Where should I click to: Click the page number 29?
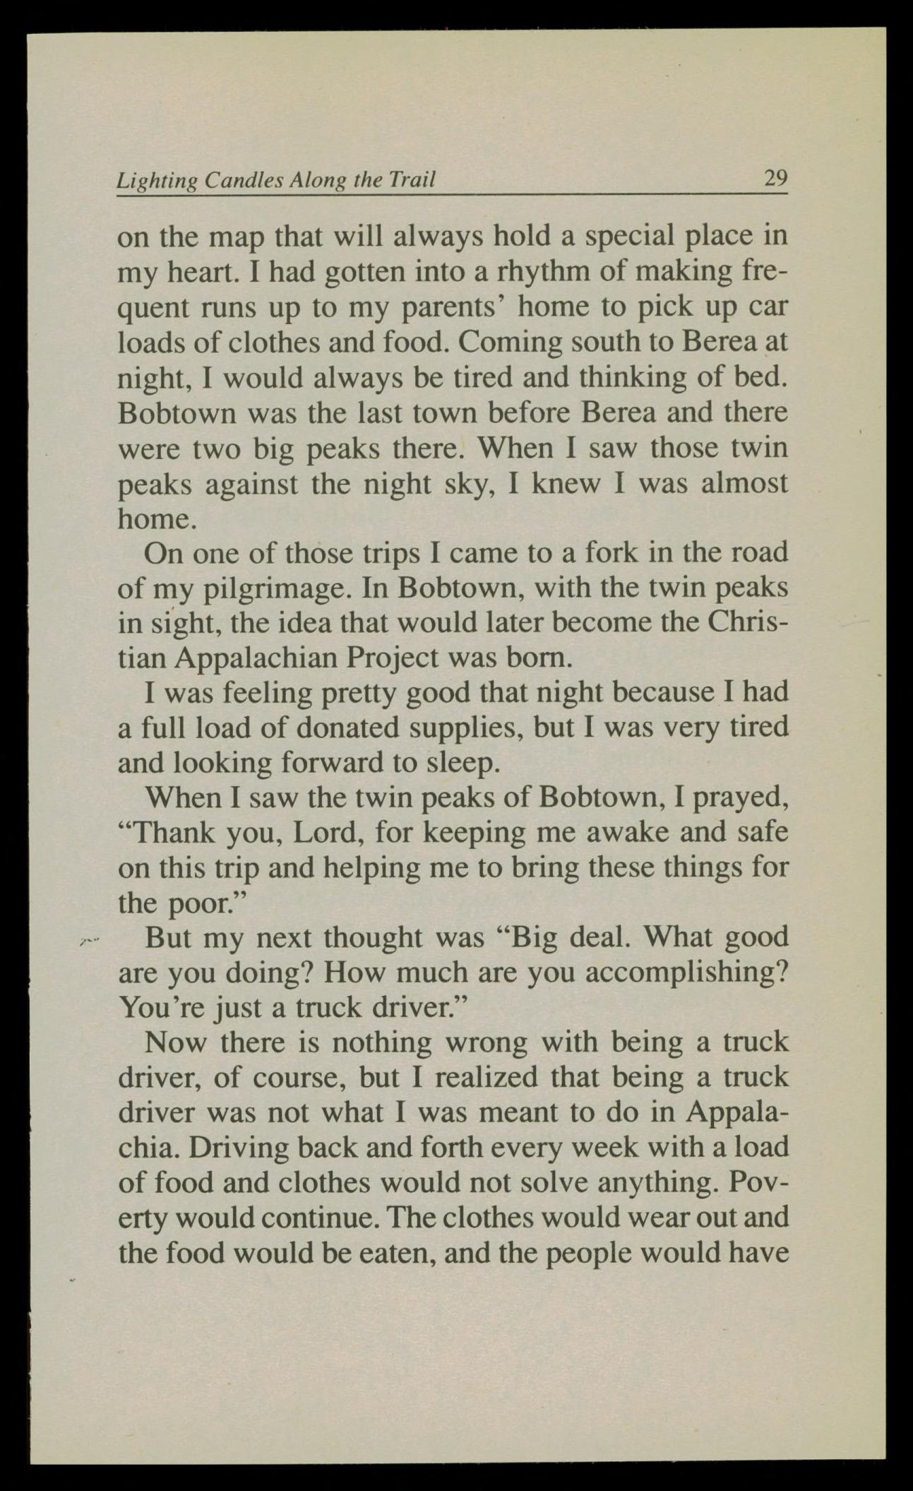tap(775, 177)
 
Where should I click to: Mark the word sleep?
tap(458, 763)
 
